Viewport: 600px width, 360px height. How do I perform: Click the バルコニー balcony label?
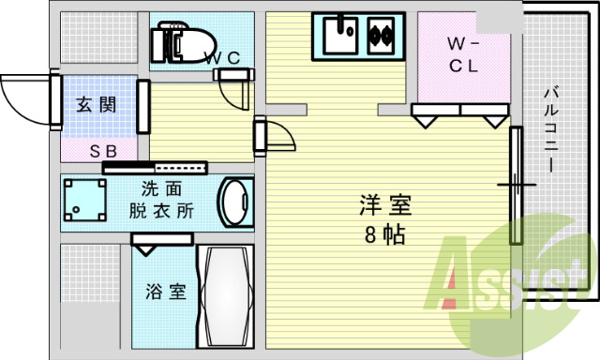click(550, 127)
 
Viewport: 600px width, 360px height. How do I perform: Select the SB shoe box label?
click(102, 150)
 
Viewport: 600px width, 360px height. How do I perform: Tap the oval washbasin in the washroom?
click(233, 201)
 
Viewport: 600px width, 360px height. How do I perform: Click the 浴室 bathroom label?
click(164, 292)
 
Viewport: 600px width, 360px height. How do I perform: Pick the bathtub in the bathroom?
click(225, 298)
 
